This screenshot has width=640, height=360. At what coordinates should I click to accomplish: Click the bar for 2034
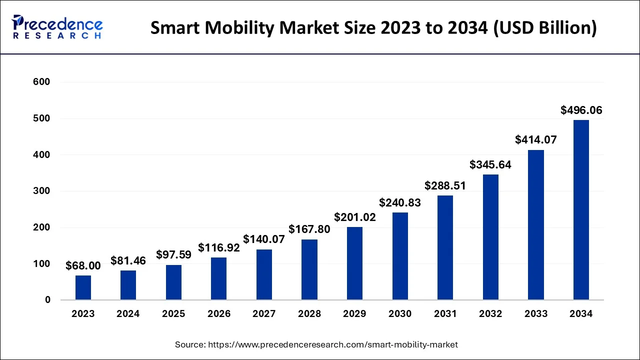coord(581,210)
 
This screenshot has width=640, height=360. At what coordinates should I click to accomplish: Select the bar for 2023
coord(83,287)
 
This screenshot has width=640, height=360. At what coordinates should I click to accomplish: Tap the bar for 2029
coord(354,263)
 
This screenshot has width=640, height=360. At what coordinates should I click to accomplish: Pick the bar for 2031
coord(445,247)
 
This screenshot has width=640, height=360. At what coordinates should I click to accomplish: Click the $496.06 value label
coord(581,110)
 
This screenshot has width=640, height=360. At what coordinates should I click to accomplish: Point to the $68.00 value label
coord(83,266)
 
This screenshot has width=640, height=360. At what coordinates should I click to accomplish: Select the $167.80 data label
coord(309,229)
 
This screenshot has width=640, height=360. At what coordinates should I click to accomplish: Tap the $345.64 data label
coord(490,164)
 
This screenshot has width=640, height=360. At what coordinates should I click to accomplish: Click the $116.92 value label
coord(219,247)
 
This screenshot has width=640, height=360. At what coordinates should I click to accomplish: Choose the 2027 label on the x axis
coord(264,314)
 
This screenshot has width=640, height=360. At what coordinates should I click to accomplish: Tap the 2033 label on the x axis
coord(535,314)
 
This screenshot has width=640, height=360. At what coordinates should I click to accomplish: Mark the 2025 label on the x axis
coord(173,314)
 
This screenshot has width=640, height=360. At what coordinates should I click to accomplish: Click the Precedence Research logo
coord(57,27)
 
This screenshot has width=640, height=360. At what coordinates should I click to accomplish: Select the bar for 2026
coord(219,278)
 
